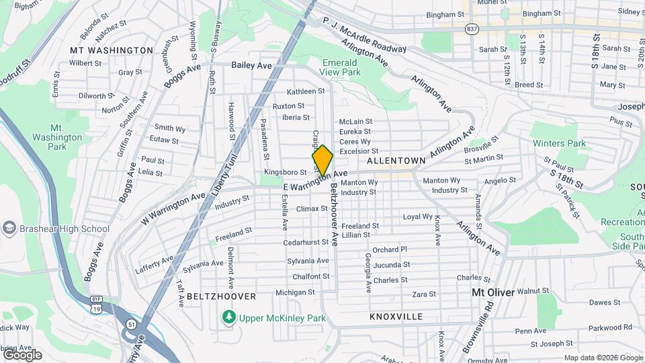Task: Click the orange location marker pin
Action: (x=322, y=161)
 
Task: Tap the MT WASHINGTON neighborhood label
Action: (x=112, y=50)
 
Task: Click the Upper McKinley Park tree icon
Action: (x=229, y=316)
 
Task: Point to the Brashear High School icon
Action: (x=9, y=229)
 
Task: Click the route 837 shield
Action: (x=472, y=29)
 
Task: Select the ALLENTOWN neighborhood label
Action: (x=397, y=161)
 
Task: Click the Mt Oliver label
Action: (x=492, y=293)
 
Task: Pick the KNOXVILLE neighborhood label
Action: (x=396, y=316)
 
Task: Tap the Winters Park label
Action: (x=559, y=143)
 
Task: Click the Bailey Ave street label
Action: (x=251, y=65)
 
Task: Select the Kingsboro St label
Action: (x=286, y=173)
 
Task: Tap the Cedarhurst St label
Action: (x=306, y=242)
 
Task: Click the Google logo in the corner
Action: (x=22, y=355)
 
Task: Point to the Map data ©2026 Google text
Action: (x=602, y=358)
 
